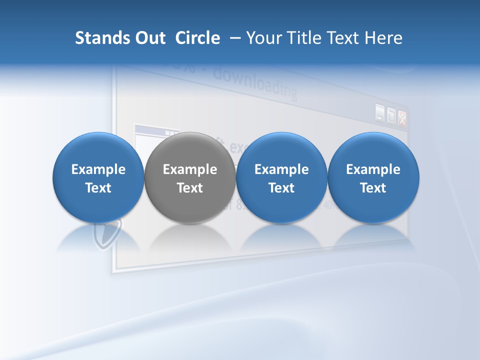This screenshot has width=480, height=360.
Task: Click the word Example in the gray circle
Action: click(x=190, y=169)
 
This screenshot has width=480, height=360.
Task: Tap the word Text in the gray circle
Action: click(x=190, y=188)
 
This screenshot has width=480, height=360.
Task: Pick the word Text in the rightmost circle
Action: click(x=373, y=188)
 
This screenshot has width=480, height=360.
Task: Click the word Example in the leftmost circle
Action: click(x=98, y=169)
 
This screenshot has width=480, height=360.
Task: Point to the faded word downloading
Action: click(x=255, y=84)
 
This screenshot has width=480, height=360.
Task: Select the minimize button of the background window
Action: click(x=380, y=114)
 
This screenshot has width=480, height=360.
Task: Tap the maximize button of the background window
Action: click(x=391, y=116)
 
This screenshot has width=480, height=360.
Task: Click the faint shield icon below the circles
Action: click(x=108, y=234)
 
